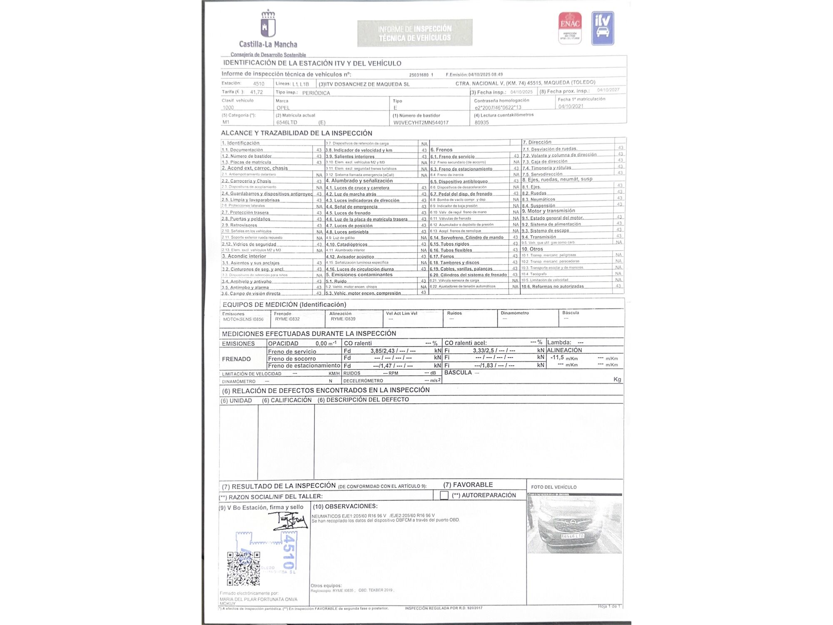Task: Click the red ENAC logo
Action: [x=570, y=27]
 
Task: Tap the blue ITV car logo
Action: [x=603, y=28]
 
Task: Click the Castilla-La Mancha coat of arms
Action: [x=268, y=24]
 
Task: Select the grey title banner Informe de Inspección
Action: [x=415, y=33]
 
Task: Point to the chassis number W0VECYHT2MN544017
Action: [x=421, y=122]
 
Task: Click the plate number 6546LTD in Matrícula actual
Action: [x=287, y=122]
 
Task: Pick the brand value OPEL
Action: [x=283, y=107]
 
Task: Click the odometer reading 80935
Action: [x=482, y=122]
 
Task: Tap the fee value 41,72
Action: [x=257, y=92]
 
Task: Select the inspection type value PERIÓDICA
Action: [x=316, y=93]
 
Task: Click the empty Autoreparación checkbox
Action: [x=444, y=495]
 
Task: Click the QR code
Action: [x=244, y=569]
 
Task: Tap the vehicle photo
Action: [x=574, y=524]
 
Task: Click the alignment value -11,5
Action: [x=557, y=357]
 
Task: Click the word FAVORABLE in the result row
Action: [x=473, y=485]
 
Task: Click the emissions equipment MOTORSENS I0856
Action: [x=243, y=319]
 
